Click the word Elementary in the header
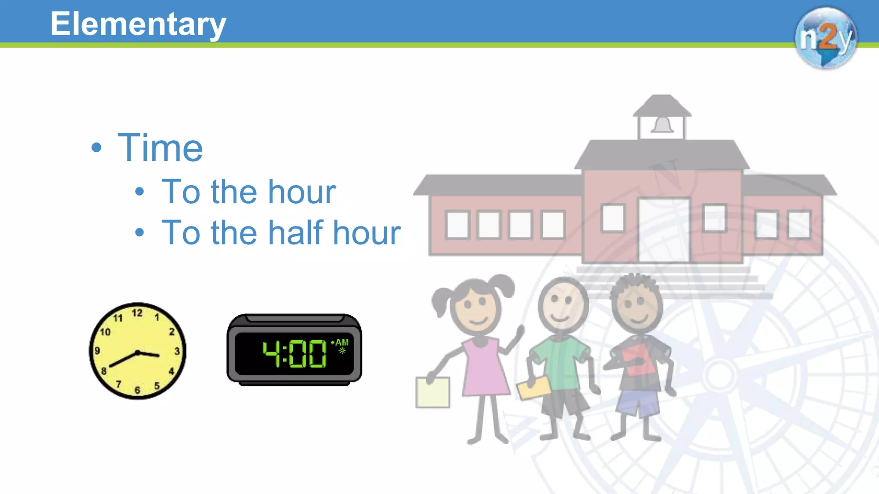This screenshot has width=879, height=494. [x=138, y=24]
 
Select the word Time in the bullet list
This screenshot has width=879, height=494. [x=160, y=148]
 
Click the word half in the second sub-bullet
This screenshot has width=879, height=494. [x=295, y=232]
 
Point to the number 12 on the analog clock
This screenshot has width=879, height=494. [x=137, y=313]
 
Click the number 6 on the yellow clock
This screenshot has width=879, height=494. [x=137, y=390]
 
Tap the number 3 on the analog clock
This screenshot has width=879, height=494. [x=177, y=351]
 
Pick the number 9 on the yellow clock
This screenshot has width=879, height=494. [x=97, y=351]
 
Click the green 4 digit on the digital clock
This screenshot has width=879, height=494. [x=271, y=353]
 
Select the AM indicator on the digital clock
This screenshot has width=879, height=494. [x=342, y=343]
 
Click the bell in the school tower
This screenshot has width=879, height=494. [x=662, y=125]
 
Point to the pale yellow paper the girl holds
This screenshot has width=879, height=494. [x=433, y=392]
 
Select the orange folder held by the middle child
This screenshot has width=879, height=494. [x=533, y=388]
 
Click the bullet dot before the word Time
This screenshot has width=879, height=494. [x=97, y=148]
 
